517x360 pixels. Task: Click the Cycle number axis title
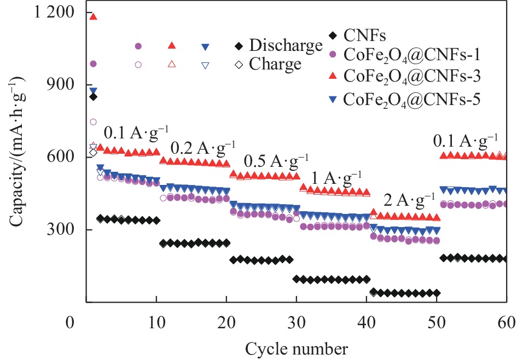point(296,347)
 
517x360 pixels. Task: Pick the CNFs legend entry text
point(365,37)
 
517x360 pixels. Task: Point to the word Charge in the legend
point(275,64)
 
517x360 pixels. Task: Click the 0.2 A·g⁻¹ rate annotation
point(203,147)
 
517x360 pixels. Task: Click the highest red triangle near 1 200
point(93,16)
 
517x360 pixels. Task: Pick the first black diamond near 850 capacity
point(93,97)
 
